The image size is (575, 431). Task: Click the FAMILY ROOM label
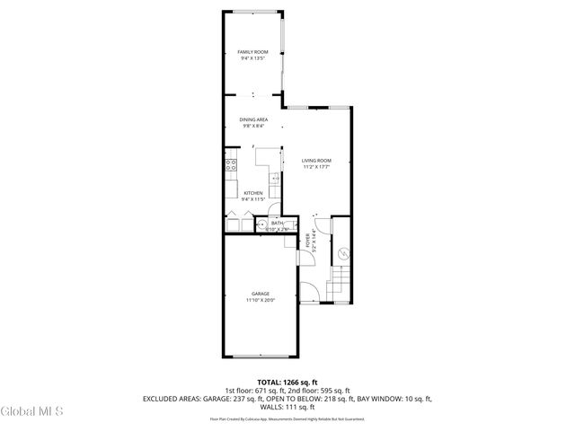252,52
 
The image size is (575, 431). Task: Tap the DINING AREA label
253,119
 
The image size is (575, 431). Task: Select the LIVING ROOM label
316,161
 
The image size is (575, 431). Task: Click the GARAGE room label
261,294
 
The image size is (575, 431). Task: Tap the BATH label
277,223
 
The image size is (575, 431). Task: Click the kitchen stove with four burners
231,164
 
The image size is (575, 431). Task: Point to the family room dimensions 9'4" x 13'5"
253,59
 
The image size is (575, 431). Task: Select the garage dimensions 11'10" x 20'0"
261,301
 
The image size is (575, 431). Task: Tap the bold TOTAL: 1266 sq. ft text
287,383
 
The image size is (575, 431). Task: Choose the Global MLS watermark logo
31,412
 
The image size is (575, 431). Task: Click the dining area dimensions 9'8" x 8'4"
253,127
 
